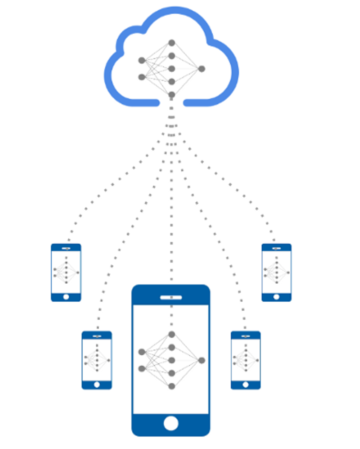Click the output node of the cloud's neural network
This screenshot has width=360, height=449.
tap(202, 69)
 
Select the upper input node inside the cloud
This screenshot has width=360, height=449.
tap(142, 60)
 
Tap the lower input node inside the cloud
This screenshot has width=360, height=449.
tap(142, 77)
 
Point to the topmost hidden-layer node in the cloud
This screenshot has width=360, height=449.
tap(171, 43)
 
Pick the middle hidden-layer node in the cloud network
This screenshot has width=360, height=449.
tap(171, 69)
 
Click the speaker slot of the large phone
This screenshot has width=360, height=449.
tap(171, 297)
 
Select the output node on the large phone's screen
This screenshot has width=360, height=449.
tap(202, 360)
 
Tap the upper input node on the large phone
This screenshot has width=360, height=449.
tap(142, 352)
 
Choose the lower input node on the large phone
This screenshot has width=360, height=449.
tap(142, 368)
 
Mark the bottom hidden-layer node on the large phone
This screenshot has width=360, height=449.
tap(171, 386)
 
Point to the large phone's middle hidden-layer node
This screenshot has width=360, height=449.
tap(171, 360)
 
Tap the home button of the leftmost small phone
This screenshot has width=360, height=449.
tap(66, 297)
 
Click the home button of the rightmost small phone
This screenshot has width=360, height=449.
tap(276, 297)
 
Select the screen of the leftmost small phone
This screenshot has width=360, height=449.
tap(66, 272)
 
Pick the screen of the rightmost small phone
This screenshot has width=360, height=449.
tap(276, 272)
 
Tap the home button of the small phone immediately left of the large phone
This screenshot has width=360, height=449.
tap(97, 385)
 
